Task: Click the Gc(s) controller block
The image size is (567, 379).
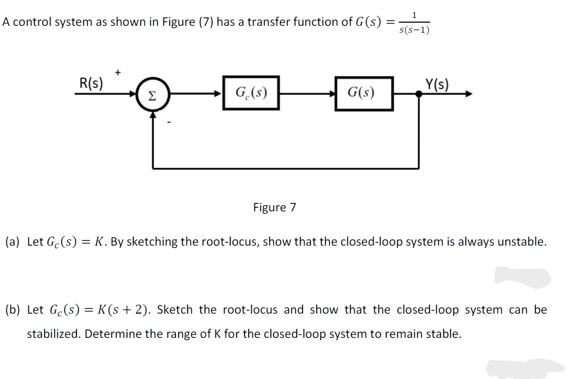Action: coord(251,93)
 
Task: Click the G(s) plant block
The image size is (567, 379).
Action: coord(364,93)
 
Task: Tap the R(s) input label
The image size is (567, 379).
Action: coord(91,83)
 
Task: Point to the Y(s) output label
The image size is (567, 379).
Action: coord(437,84)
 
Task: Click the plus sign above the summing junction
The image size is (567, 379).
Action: coord(118,70)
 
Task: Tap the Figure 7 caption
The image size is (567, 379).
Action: coord(275,207)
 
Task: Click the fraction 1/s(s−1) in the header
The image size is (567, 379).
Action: coord(414,23)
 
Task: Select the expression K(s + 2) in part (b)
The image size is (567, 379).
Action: coord(122,309)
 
